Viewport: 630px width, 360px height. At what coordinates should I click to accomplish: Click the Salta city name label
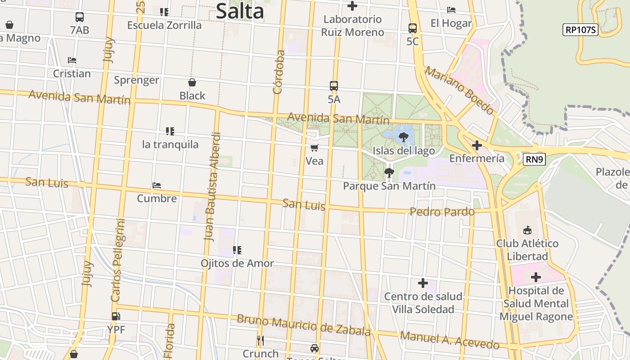coord(239,11)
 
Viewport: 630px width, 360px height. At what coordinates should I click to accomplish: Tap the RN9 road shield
coord(534,159)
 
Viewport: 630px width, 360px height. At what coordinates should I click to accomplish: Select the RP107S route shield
coord(580,30)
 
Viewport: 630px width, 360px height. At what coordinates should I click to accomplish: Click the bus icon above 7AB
coord(80,17)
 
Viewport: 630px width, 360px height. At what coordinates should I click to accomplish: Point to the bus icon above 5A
coord(334,85)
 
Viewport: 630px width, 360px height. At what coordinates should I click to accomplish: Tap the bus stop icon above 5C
coord(413,28)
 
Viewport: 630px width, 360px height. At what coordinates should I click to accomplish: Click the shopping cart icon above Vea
coord(315,148)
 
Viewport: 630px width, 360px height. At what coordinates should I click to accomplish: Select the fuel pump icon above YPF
coord(116,316)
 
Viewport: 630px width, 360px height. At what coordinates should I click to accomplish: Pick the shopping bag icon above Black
coord(192,82)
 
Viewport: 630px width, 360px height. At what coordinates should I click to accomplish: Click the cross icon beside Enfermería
coord(477,145)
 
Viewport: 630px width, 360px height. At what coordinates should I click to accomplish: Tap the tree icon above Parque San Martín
coord(389,172)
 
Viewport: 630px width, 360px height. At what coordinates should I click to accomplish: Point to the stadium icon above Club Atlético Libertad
coord(527,230)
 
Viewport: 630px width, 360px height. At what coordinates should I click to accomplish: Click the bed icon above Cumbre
coord(157,185)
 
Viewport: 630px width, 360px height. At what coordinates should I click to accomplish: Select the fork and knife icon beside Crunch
coord(261,340)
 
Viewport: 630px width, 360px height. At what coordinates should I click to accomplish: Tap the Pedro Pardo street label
coord(442,211)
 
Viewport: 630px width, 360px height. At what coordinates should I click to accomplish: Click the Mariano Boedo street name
coord(459,90)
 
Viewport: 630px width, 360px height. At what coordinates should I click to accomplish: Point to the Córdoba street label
coord(279,72)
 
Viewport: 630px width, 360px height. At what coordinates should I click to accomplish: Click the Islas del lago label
coord(404,151)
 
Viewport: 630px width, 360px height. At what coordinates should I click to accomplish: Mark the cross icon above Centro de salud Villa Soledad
coord(423,283)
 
